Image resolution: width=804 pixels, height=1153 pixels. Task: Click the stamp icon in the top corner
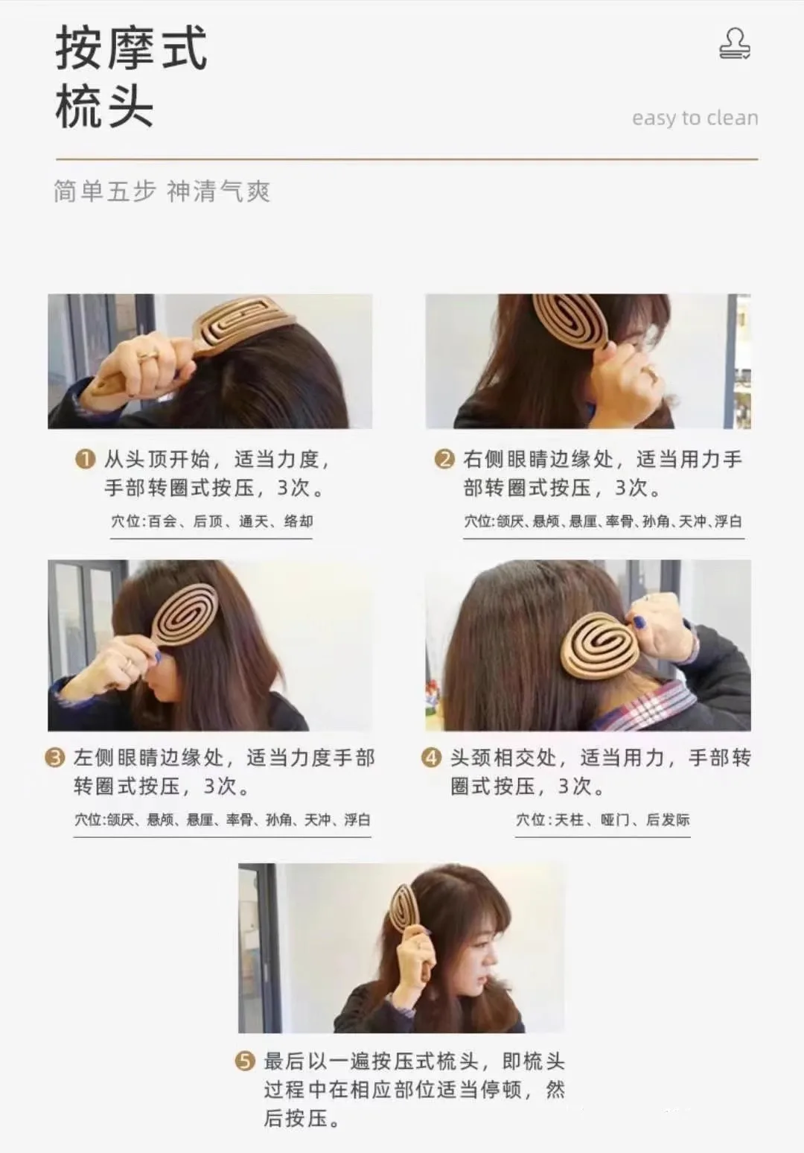point(735,44)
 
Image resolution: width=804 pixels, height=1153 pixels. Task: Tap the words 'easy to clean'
point(695,118)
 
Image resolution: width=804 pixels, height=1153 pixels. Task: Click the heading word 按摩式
point(131,48)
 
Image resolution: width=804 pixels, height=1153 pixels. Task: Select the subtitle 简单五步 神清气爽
point(162,191)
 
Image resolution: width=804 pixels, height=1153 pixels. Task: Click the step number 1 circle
point(86,459)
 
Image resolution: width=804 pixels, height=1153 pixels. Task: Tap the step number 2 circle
point(444,459)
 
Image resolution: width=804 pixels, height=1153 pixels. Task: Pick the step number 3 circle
point(55,757)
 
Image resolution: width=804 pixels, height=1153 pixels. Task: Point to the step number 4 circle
point(431,757)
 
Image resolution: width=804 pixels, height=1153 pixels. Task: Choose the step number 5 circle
point(245,1061)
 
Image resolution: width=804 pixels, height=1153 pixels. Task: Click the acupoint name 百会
point(162,521)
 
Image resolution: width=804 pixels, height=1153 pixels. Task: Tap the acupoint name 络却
point(299,521)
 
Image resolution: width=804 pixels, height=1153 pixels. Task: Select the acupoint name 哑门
point(615,819)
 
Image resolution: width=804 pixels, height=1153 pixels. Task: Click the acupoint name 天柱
point(569,819)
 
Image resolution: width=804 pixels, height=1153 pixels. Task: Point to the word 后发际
point(668,819)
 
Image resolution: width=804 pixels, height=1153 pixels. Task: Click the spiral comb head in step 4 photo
point(601,646)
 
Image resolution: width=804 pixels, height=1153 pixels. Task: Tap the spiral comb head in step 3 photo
point(184,614)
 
